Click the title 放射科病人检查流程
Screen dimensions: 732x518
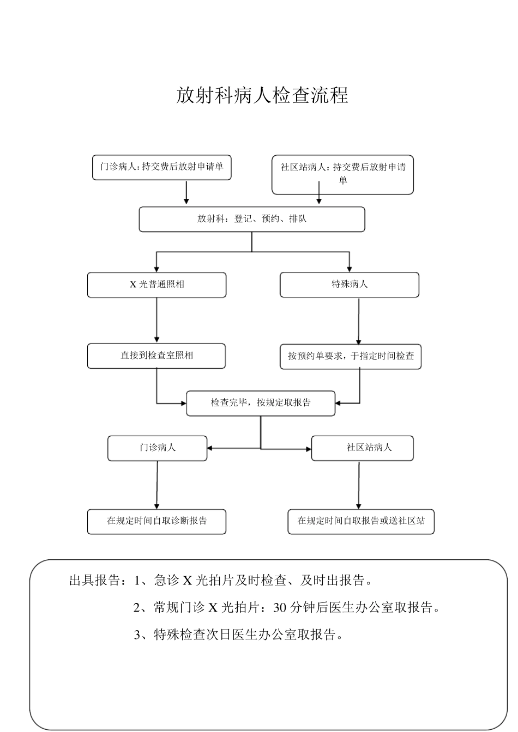(262, 95)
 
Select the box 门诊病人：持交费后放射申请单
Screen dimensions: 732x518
(161, 167)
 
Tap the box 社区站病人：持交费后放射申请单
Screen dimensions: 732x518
(342, 174)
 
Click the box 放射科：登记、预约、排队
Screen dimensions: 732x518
(251, 219)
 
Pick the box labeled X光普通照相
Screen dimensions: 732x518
(156, 284)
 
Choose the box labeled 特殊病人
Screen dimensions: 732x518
(350, 284)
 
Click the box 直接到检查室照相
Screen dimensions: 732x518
(156, 356)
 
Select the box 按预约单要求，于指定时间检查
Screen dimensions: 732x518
(351, 356)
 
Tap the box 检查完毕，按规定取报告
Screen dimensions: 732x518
(261, 403)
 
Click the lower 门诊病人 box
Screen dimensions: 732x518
(157, 448)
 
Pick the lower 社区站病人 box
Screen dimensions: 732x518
(362, 448)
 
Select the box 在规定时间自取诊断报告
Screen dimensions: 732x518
(156, 521)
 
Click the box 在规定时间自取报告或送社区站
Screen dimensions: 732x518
(361, 521)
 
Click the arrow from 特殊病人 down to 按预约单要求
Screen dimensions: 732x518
(359, 321)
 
